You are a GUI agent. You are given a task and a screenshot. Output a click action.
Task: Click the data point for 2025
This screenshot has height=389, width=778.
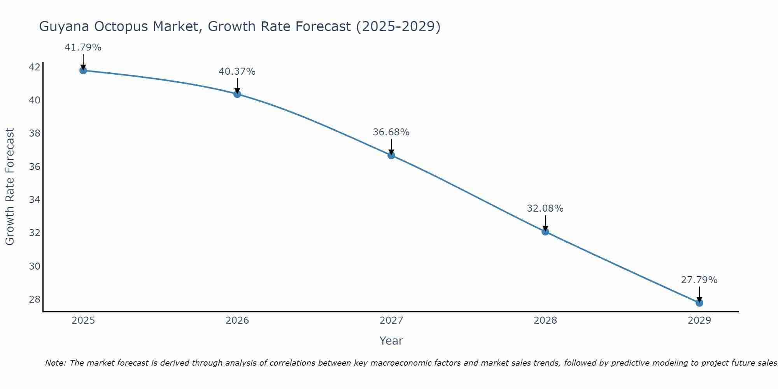[83, 70]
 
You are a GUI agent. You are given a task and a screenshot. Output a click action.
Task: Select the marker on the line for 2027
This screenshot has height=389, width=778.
[391, 155]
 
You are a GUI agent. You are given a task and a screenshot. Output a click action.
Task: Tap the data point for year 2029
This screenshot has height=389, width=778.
[699, 303]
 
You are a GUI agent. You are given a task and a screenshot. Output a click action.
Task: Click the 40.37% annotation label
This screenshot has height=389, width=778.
[237, 72]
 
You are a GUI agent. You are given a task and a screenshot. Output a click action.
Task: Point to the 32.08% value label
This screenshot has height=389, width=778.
[545, 209]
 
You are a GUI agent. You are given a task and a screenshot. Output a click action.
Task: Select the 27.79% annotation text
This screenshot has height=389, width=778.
[699, 280]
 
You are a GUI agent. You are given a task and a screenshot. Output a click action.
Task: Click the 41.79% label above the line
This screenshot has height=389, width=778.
[83, 47]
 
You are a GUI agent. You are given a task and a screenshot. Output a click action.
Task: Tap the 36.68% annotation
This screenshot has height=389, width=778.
[391, 132]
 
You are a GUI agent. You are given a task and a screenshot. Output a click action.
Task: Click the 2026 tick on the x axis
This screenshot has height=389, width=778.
[237, 321]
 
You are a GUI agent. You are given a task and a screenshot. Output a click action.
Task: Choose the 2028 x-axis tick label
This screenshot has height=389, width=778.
[545, 321]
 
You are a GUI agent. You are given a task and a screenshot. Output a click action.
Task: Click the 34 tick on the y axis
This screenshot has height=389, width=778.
[34, 200]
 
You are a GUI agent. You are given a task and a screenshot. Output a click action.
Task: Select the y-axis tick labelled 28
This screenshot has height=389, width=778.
[34, 300]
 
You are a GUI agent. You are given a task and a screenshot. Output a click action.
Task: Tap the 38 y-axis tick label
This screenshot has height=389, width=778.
[34, 133]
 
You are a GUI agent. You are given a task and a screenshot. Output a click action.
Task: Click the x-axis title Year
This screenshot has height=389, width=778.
[391, 341]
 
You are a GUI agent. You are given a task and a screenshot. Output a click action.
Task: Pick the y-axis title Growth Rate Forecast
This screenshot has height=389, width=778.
[10, 186]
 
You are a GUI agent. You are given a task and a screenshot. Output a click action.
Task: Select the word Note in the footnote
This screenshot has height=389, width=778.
[55, 363]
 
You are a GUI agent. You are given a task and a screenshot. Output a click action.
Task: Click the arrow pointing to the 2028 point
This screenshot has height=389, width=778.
[545, 223]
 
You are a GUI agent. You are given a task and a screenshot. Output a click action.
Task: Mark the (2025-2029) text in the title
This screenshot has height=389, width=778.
[398, 26]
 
